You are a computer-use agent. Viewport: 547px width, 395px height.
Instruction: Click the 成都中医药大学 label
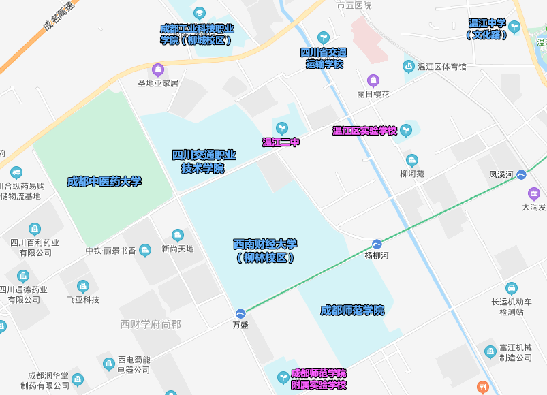pos(104,181)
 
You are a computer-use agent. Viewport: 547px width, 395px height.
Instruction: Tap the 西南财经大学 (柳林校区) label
pos(265,251)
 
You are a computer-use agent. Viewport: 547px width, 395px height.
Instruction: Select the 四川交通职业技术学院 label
pos(204,161)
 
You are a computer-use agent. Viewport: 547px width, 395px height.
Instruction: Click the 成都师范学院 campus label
pos(352,311)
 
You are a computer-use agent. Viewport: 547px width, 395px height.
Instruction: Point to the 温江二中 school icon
pos(281,128)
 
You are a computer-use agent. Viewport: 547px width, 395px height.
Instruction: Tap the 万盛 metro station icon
pos(240,313)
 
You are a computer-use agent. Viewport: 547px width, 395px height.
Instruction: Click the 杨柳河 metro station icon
pos(377,244)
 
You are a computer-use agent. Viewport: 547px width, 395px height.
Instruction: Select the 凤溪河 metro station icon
pos(521,175)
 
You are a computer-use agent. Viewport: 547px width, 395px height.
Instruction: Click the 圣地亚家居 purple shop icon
pos(158,69)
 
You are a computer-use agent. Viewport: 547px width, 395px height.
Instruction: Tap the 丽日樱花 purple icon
pos(373,80)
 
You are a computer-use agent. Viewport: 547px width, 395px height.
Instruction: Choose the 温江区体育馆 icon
pos(409,67)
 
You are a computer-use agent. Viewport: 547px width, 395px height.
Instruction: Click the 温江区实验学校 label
pos(364,131)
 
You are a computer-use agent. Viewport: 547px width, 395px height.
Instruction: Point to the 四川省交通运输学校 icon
pos(324,37)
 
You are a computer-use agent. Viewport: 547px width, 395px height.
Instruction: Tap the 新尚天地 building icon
pos(178,236)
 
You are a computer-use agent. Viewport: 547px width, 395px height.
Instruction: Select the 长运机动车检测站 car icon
pos(512,288)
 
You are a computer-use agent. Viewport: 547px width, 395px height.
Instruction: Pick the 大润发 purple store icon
pos(533,193)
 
